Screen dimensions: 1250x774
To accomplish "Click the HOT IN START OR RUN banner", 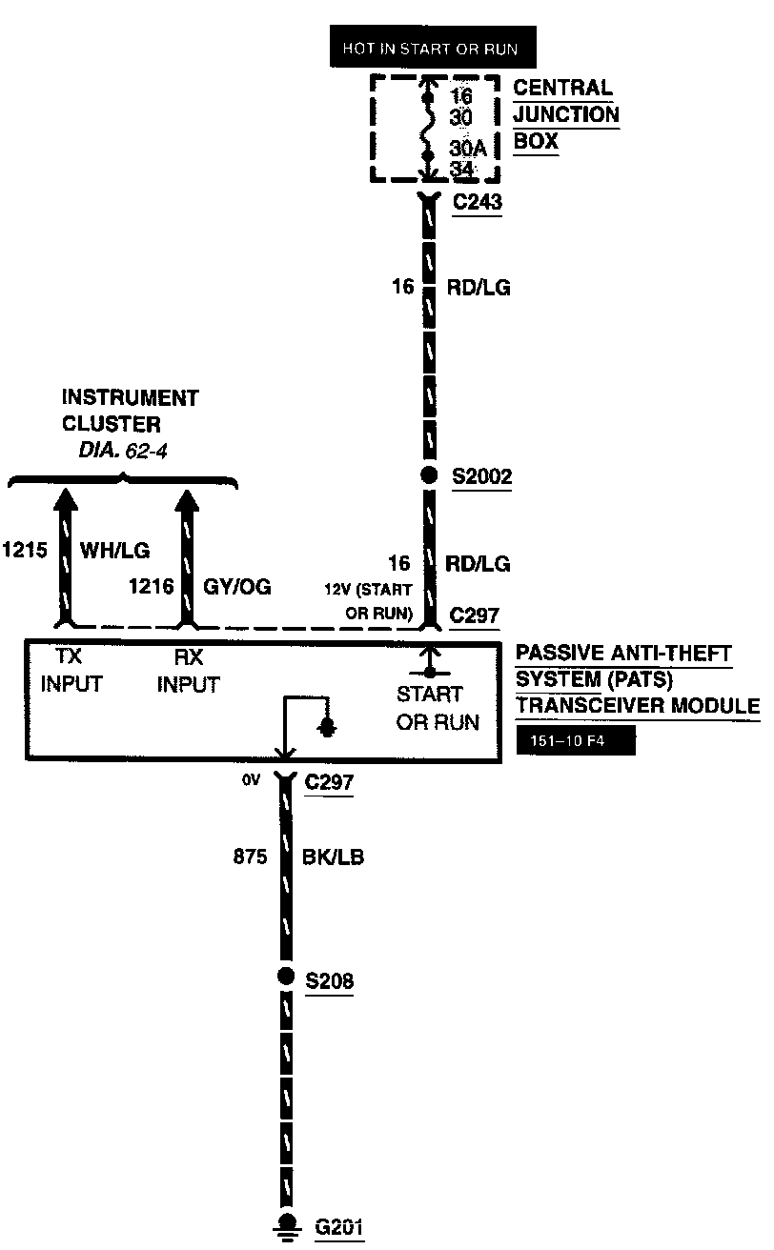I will (425, 49).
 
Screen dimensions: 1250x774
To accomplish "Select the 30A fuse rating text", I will (468, 150).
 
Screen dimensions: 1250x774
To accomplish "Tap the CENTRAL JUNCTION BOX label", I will (566, 115).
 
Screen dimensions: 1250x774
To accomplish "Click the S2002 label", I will (482, 476).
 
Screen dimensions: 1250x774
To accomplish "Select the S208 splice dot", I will (284, 977).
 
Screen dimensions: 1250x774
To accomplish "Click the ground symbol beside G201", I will (284, 1225).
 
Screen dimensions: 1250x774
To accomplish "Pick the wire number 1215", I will (25, 550).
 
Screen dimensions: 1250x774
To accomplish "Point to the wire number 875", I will (250, 857).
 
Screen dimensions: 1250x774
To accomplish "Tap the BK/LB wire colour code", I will (334, 857).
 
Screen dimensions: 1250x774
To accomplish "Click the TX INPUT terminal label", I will (71, 672).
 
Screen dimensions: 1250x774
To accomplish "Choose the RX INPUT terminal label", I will (189, 672).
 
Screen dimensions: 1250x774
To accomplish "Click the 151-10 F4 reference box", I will (576, 741).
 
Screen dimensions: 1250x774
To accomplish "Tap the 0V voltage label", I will (251, 780).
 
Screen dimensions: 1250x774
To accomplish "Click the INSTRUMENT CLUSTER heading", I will (130, 410).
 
